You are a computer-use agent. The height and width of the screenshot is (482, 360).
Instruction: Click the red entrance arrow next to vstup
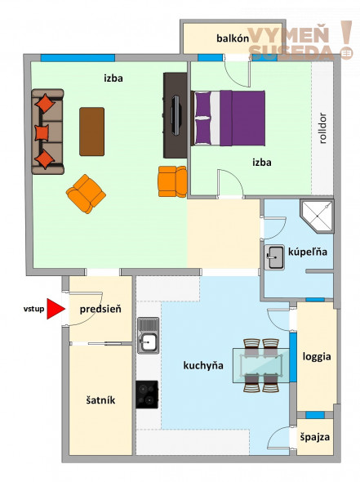[x=56, y=309]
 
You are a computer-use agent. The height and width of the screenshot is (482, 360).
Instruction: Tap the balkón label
[x=233, y=38]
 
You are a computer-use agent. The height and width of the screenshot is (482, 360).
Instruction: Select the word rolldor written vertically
[x=322, y=128]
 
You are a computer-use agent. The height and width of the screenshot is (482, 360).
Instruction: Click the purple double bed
[x=228, y=118]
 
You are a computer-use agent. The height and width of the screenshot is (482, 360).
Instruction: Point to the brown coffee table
[x=92, y=132]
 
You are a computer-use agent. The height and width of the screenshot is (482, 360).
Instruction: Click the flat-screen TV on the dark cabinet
[x=176, y=115]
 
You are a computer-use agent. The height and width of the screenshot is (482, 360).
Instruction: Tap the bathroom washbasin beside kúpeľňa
[x=274, y=257]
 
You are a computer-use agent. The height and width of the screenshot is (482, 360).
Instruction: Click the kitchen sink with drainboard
[x=149, y=336]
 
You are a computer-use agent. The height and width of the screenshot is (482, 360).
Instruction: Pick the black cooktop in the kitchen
[x=147, y=395]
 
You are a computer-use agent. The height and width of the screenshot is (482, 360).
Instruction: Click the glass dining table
[x=261, y=365]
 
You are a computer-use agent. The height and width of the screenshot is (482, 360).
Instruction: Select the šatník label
[x=100, y=400]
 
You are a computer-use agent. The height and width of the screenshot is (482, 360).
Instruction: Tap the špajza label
[x=315, y=437]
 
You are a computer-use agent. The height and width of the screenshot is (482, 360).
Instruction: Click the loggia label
[x=317, y=356]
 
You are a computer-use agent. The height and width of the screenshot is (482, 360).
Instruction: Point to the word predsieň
[x=100, y=309]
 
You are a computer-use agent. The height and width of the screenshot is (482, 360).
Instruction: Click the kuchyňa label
[x=203, y=365]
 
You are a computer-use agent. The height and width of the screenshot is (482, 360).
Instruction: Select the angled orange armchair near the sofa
[x=86, y=194]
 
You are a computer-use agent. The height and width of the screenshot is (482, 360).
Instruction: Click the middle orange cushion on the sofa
[x=42, y=133]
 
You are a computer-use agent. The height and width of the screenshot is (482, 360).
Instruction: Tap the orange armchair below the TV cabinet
[x=172, y=181]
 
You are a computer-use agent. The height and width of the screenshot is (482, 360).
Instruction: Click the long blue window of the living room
[x=78, y=58]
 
